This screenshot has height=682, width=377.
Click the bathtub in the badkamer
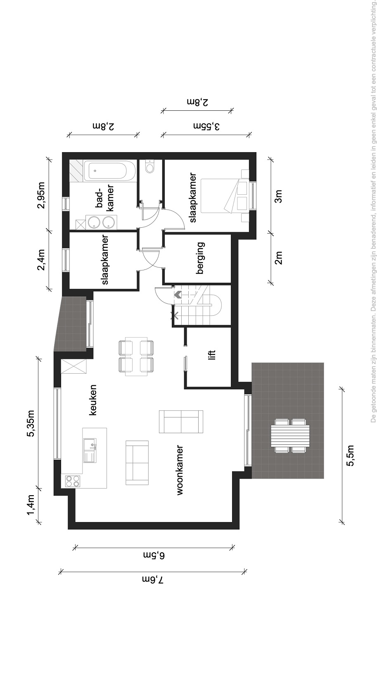tap(108, 171)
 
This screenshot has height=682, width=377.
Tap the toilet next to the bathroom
tap(150, 166)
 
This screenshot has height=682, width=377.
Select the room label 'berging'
tap(200, 258)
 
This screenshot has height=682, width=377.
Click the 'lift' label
tap(212, 355)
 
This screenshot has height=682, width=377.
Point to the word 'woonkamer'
tap(180, 470)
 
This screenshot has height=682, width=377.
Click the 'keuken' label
tap(92, 400)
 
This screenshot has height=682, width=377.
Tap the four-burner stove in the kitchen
tap(73, 481)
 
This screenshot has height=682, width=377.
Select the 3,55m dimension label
tap(206, 126)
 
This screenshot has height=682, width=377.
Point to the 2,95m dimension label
tap(41, 195)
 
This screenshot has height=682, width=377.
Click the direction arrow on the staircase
tap(178, 295)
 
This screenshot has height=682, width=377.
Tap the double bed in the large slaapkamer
tap(224, 196)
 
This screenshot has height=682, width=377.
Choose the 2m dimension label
tap(278, 258)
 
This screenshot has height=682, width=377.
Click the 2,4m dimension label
tap(41, 260)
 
